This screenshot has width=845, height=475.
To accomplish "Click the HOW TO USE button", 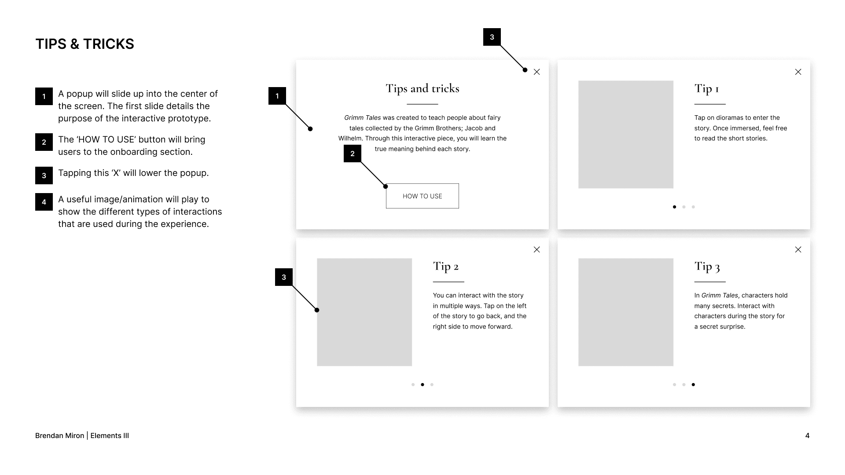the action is (422, 196).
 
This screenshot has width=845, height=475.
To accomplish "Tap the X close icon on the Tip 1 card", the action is (798, 72).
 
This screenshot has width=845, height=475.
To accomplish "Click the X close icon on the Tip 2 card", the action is (536, 249).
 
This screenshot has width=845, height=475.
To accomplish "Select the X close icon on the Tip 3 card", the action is (798, 249).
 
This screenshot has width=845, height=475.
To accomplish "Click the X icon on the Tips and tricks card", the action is (536, 72).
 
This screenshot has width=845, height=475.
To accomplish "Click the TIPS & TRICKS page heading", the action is (84, 44).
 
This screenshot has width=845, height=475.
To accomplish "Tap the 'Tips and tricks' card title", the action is (422, 88).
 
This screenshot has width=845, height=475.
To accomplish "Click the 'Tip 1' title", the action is (706, 89).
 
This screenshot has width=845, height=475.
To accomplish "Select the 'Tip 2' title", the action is (445, 267).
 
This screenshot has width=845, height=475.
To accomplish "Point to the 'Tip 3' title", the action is (707, 267).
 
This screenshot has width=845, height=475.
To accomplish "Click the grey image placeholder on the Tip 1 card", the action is (626, 135).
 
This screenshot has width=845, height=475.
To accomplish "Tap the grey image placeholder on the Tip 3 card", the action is (626, 312).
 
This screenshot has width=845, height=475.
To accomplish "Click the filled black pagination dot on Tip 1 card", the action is (674, 207).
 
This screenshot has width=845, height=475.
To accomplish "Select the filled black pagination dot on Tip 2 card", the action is (422, 384).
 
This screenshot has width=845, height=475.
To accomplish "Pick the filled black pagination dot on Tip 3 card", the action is (693, 384).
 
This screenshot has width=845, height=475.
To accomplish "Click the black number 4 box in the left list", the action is (44, 202).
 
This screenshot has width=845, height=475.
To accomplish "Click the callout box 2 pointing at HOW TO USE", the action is (353, 153).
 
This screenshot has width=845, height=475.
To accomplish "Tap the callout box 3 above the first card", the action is (492, 37).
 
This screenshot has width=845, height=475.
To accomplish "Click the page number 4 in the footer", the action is (807, 435).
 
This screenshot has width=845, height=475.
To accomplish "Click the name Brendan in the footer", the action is (47, 435).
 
